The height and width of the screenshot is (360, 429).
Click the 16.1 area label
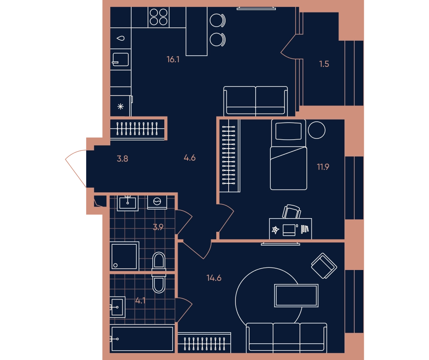click(173, 59)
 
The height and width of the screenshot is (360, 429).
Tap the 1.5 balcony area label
click(324, 64)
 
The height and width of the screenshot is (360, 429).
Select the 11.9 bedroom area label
click(323, 167)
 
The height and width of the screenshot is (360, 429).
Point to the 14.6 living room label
click(214, 278)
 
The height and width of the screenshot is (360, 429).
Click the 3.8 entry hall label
click(122, 159)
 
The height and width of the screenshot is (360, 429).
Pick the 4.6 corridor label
click(190, 158)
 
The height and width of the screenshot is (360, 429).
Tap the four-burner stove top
click(159, 17)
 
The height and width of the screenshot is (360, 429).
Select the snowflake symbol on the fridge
click(121, 107)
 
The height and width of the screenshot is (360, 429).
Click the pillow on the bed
click(289, 131)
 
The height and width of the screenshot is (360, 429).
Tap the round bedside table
click(317, 130)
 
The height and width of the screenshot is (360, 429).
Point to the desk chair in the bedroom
click(292, 212)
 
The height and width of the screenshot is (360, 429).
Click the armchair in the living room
click(324, 266)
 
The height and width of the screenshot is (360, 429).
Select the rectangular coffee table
click(296, 295)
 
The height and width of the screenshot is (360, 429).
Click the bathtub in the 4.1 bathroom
click(142, 339)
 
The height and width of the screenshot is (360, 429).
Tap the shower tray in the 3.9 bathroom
click(124, 256)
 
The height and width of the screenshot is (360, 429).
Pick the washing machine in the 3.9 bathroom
click(157, 202)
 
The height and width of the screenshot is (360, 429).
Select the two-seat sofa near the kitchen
click(256, 101)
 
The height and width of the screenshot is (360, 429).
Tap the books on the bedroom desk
click(305, 229)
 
